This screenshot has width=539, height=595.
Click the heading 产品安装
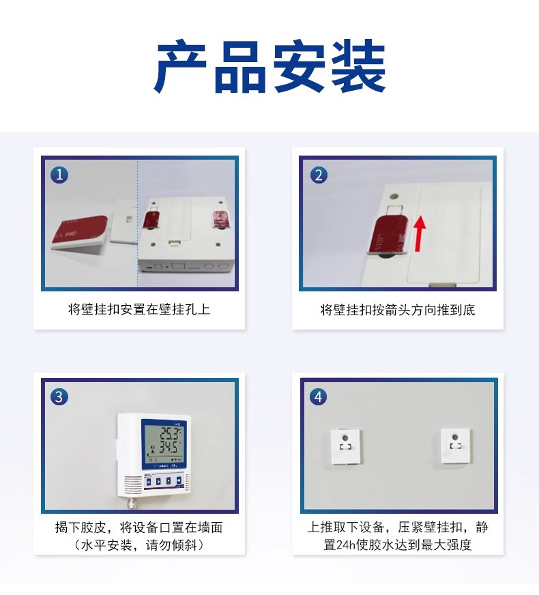tap(270, 68)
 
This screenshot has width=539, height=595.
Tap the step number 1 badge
tap(60, 175)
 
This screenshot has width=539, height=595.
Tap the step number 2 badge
tap(319, 175)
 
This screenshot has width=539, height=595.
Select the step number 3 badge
tap(60, 396)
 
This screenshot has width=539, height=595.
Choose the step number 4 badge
tap(319, 396)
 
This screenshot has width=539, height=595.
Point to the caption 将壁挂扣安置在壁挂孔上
tap(139, 309)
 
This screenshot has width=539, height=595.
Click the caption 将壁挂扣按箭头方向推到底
tap(398, 310)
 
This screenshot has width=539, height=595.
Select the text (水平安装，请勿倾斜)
tap(139, 545)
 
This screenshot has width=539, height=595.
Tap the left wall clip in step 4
tap(346, 447)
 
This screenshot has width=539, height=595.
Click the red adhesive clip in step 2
tap(388, 235)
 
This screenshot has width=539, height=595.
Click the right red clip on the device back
tap(220, 220)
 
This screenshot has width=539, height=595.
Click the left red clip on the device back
tap(151, 220)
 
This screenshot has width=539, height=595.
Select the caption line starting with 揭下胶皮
tap(139, 527)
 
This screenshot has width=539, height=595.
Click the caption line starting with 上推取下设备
tap(398, 527)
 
